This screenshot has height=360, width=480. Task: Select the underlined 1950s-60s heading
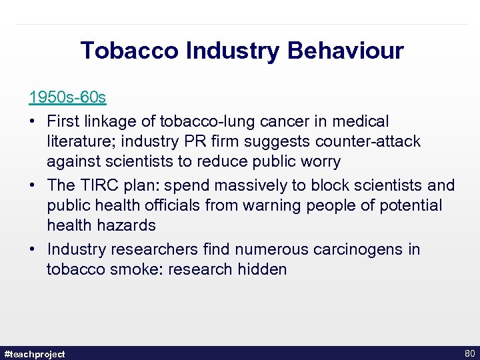(x=67, y=97)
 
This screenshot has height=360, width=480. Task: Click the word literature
(x=78, y=141)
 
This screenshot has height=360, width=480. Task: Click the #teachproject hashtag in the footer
(x=35, y=354)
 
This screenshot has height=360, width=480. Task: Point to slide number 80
(x=468, y=353)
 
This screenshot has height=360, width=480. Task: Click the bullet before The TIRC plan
(x=33, y=185)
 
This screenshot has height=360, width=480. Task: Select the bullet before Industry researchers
(x=33, y=249)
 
